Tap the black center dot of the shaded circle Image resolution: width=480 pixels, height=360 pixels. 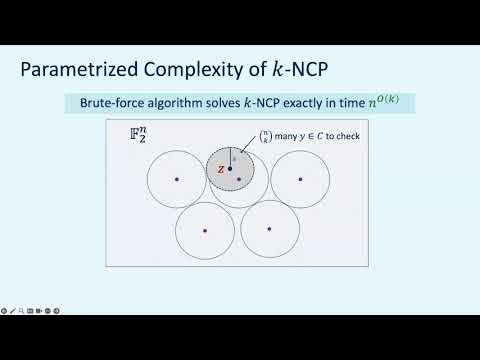[230, 169]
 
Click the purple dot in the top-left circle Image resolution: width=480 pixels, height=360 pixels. [177, 179]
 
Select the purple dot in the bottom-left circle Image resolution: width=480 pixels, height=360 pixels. [205, 230]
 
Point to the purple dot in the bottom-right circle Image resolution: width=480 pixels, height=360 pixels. [270, 229]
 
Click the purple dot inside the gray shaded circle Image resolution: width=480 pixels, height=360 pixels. [238, 179]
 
